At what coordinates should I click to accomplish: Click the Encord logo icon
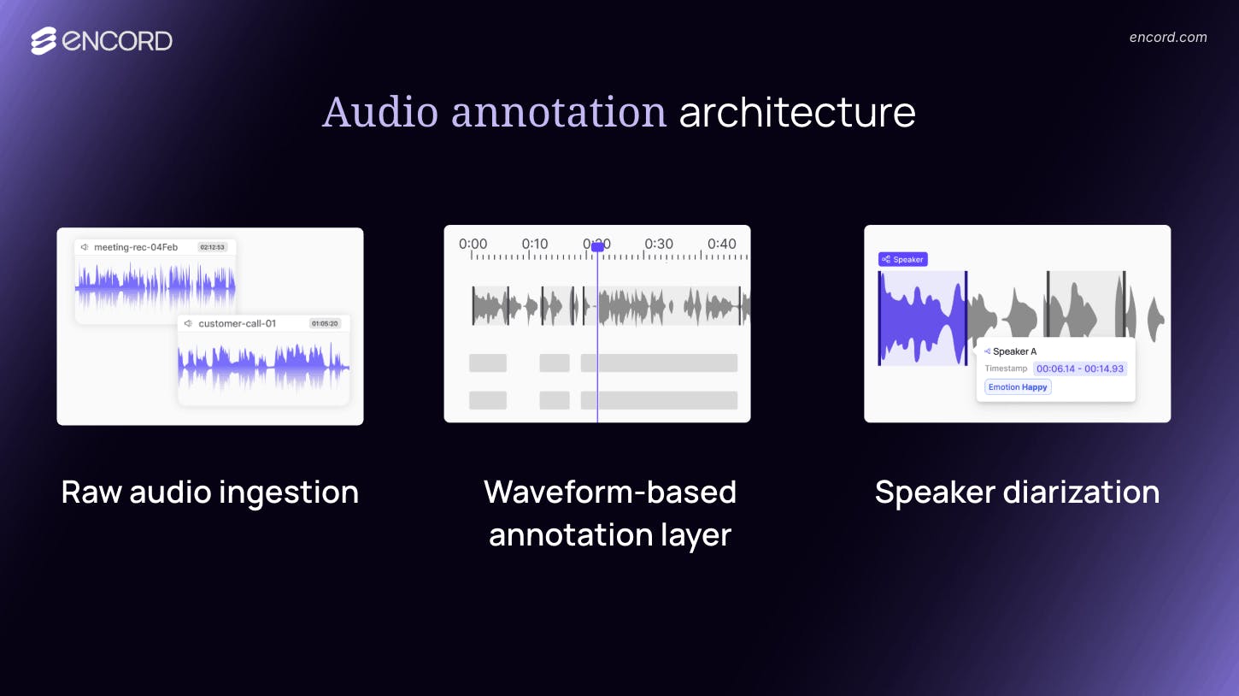click(44, 40)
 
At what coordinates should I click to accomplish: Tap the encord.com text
click(1167, 37)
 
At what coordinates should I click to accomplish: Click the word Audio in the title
click(380, 112)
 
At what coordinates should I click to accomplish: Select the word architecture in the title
click(796, 112)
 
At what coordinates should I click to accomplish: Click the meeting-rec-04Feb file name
click(136, 247)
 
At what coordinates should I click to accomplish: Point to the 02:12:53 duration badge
click(212, 247)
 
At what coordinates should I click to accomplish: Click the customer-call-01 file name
click(237, 324)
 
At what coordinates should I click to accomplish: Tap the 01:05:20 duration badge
click(325, 324)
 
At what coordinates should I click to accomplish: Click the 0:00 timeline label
click(473, 244)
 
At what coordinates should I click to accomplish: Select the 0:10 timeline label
click(535, 244)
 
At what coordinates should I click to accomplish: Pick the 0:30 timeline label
click(659, 244)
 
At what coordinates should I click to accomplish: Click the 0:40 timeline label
click(721, 244)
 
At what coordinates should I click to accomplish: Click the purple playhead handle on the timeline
click(597, 246)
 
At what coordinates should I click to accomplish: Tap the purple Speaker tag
click(902, 259)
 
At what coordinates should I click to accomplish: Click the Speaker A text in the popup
click(1014, 351)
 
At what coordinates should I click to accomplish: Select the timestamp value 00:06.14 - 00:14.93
click(1080, 369)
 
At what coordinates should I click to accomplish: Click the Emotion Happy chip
click(1017, 387)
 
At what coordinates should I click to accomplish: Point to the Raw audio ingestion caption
click(209, 493)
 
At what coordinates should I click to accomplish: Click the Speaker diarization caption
click(1017, 493)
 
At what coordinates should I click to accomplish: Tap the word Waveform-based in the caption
click(609, 493)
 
